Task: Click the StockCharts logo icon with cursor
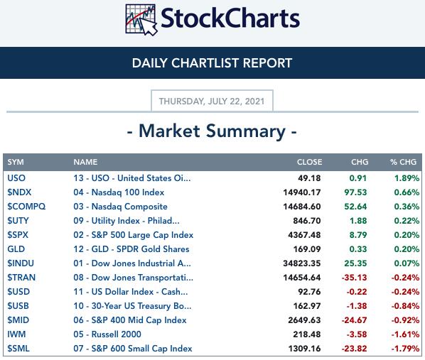(141, 20)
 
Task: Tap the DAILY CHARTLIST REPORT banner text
(212, 63)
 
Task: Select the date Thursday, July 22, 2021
(212, 102)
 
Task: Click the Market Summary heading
(212, 131)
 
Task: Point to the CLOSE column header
(310, 162)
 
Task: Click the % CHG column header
(403, 162)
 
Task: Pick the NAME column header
(85, 162)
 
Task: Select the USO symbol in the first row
(16, 178)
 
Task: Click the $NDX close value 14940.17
(302, 192)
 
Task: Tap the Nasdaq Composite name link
(120, 207)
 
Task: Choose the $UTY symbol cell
(18, 221)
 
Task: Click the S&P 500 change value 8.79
(358, 235)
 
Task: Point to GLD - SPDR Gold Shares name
(131, 249)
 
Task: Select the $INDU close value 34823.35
(302, 263)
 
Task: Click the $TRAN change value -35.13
(354, 278)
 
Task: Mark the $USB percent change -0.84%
(405, 306)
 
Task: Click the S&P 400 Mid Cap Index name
(130, 320)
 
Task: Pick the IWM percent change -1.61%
(405, 334)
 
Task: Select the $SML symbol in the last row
(18, 349)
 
